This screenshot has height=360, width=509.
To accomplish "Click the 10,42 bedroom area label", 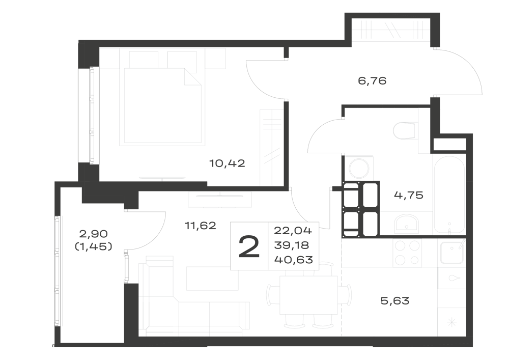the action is pyautogui.click(x=227, y=163).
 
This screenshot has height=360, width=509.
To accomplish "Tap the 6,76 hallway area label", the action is pyautogui.click(x=372, y=80).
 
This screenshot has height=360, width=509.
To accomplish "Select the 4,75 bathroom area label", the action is pyautogui.click(x=409, y=195).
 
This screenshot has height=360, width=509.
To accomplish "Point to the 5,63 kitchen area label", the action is pyautogui.click(x=395, y=301).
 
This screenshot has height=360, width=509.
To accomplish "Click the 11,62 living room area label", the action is pyautogui.click(x=200, y=225).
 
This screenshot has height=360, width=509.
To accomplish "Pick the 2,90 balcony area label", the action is pyautogui.click(x=94, y=233).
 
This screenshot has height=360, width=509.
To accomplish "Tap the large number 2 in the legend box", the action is pyautogui.click(x=249, y=246).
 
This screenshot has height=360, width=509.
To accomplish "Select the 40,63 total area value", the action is pyautogui.click(x=294, y=260).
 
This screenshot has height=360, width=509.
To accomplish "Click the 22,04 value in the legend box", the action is pyautogui.click(x=293, y=231).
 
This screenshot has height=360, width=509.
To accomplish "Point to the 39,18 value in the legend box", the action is pyautogui.click(x=292, y=245).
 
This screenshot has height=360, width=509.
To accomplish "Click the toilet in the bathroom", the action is pyautogui.click(x=404, y=130).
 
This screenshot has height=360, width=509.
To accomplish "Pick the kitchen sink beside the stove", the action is pyautogui.click(x=451, y=253).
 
